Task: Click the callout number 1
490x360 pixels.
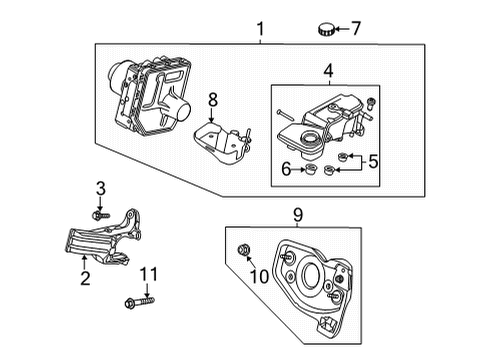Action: [259, 30]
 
